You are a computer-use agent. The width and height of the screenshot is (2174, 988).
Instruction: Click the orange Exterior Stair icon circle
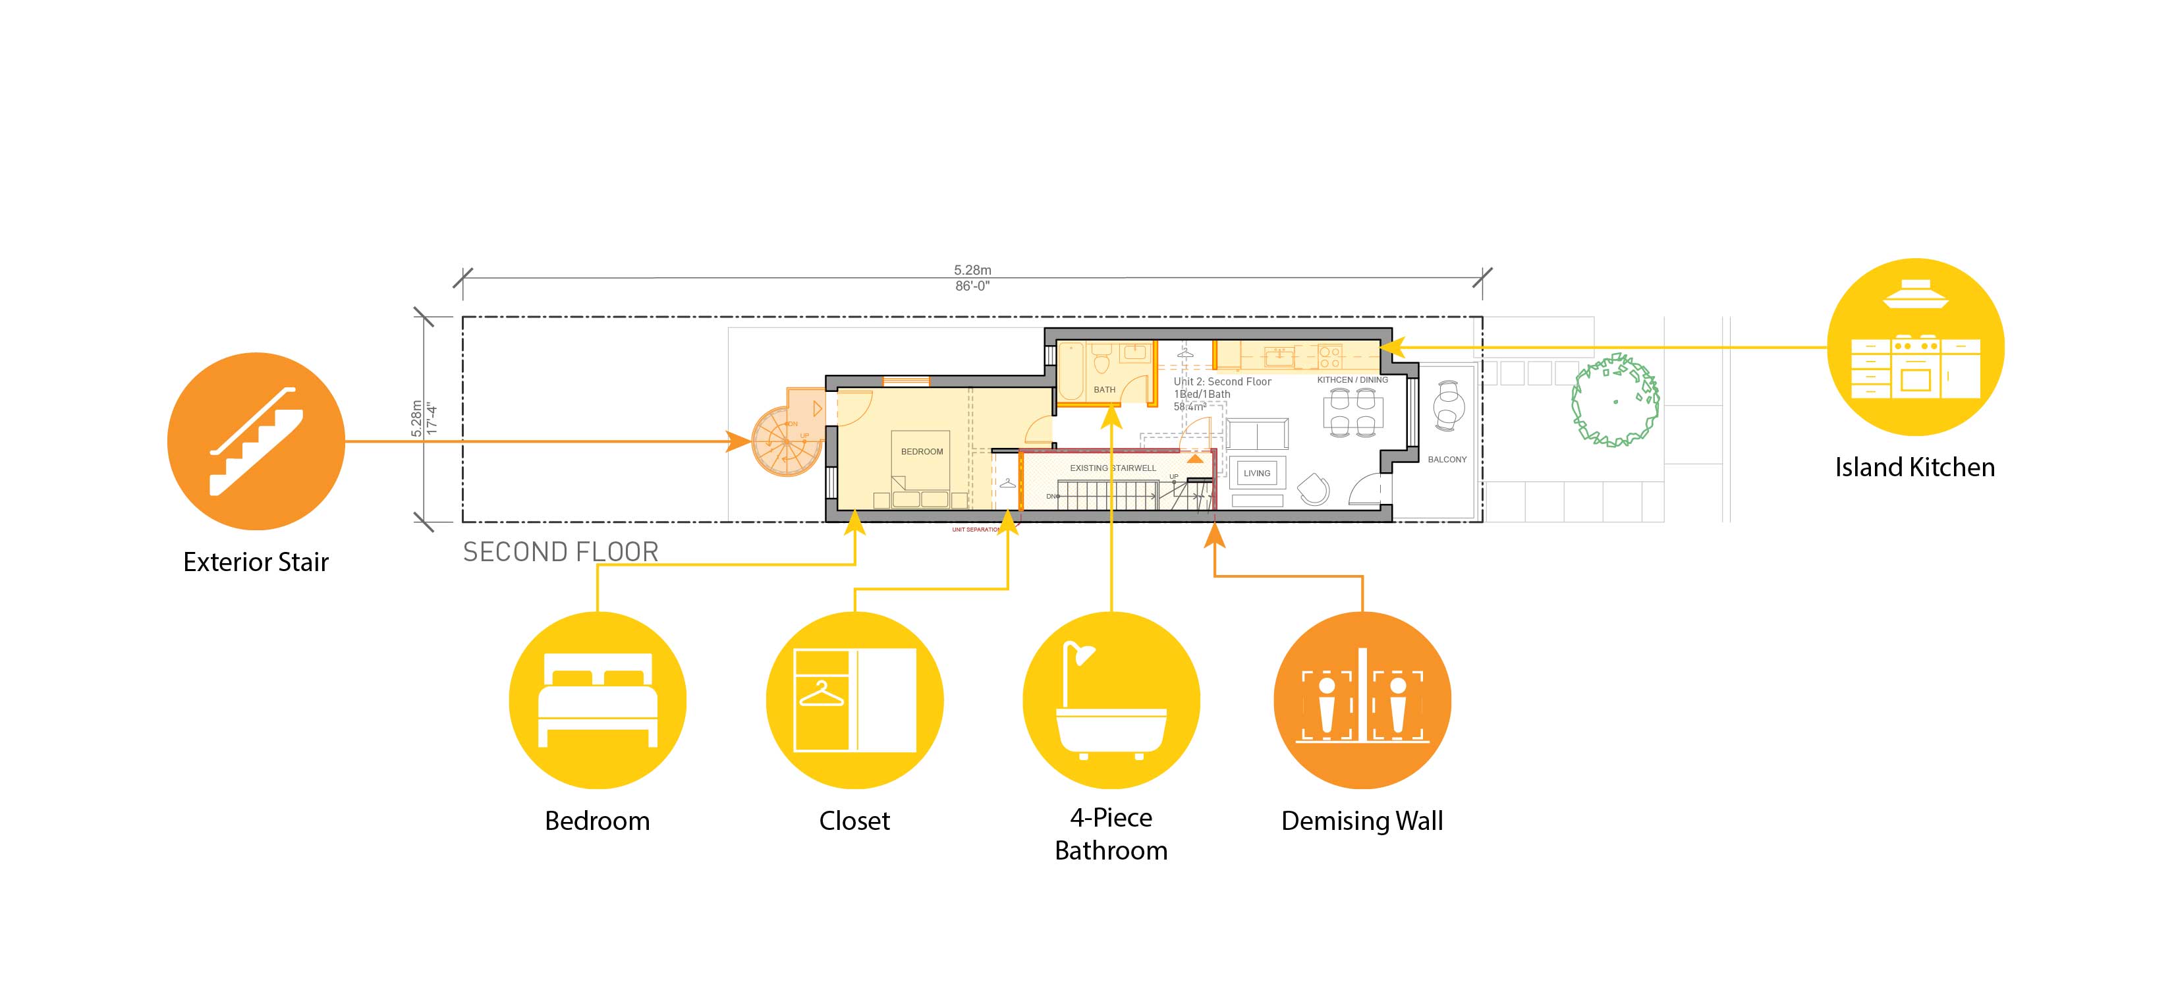pos(256,441)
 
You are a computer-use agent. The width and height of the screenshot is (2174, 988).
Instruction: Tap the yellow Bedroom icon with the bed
pos(598,700)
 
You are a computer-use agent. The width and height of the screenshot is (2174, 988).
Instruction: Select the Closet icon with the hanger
pos(854,700)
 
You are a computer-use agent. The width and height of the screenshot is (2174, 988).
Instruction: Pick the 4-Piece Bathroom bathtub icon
pos(1111,700)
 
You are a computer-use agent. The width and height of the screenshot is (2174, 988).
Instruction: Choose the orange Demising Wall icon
pos(1362,700)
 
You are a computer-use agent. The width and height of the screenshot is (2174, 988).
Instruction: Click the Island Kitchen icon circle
pos(1915,346)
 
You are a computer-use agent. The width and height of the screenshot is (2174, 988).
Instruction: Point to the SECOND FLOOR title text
pos(561,552)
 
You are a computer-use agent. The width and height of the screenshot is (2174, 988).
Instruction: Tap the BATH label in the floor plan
pos(1104,390)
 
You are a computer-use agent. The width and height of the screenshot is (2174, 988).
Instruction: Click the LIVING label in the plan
pos(1256,474)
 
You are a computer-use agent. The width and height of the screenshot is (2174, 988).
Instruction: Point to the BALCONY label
pos(1447,460)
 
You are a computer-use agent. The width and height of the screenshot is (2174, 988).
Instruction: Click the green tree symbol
pos(1615,400)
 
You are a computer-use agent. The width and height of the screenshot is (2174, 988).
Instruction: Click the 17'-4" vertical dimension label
pos(432,420)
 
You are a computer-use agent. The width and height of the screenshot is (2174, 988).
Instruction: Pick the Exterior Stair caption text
pos(256,562)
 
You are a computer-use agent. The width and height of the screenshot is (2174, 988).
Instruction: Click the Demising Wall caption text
pos(1362,821)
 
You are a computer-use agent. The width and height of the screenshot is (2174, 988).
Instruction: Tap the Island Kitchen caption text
pos(1915,468)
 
